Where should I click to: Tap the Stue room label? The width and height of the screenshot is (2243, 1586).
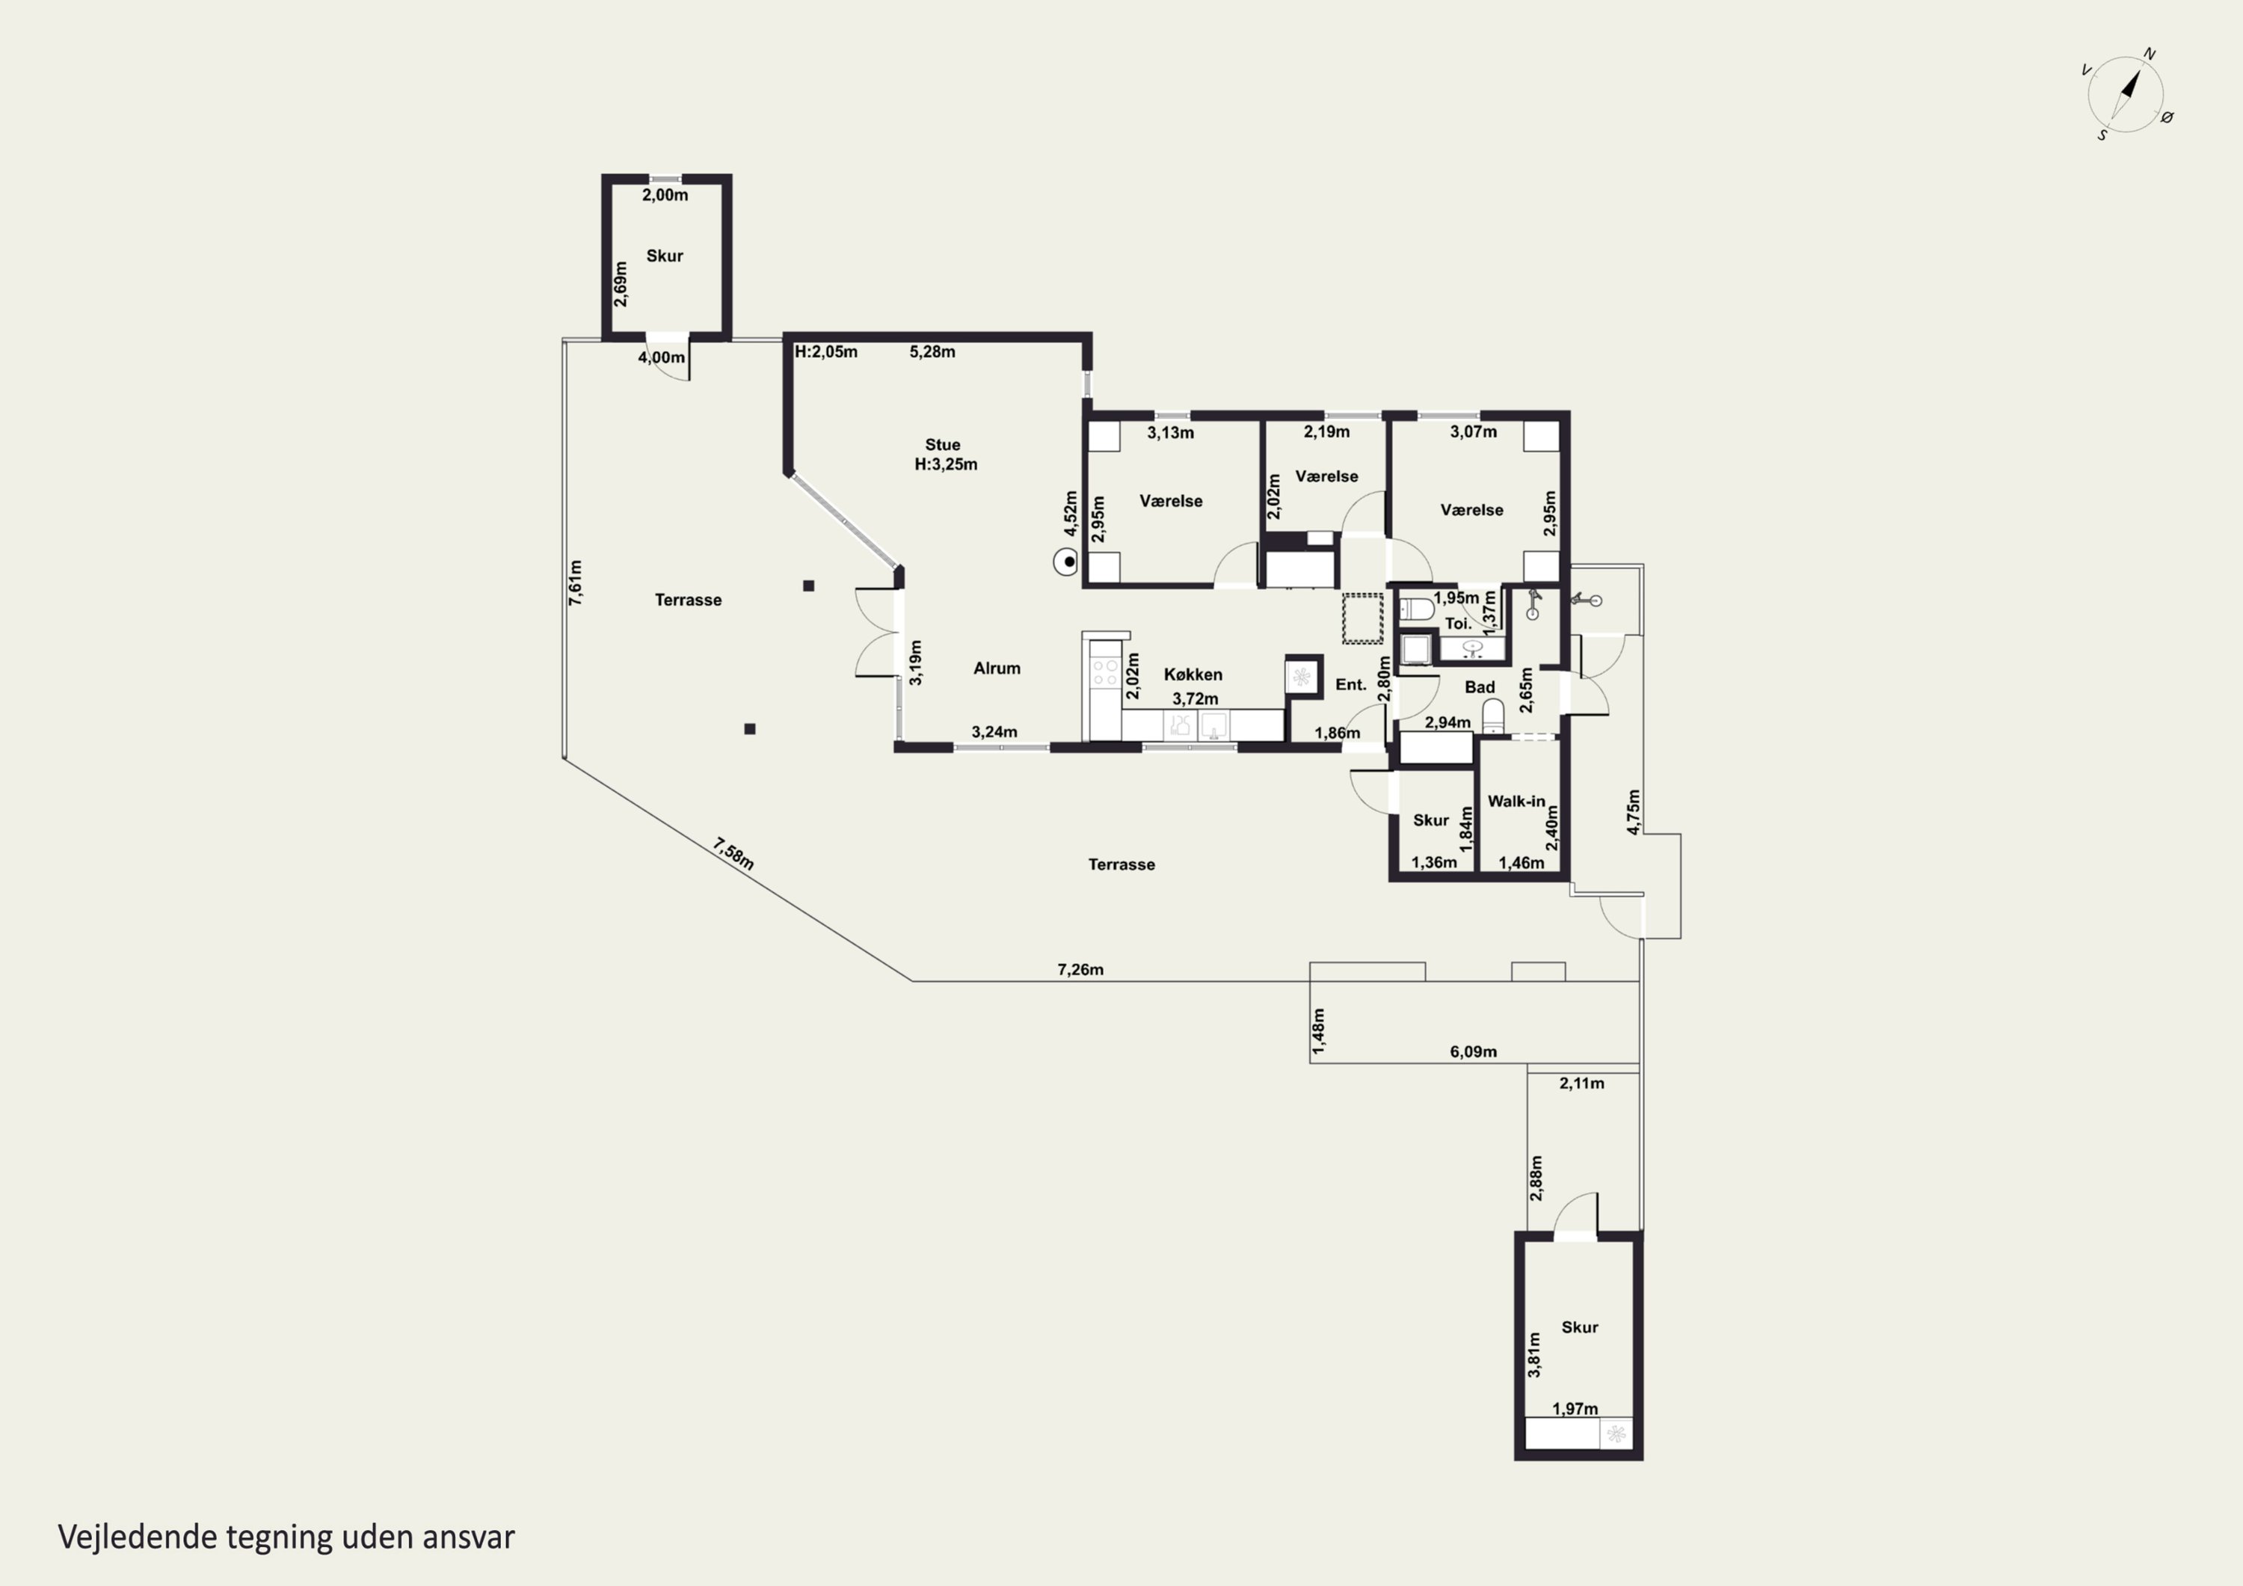tap(943, 445)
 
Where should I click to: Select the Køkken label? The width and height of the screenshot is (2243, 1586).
tap(1193, 674)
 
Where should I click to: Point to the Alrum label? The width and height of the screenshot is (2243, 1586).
tap(997, 668)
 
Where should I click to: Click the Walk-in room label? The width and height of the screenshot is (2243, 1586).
tap(1516, 802)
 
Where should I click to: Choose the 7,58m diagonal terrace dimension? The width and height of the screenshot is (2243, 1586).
tap(733, 853)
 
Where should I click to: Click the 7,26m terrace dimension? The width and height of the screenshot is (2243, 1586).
tap(1080, 969)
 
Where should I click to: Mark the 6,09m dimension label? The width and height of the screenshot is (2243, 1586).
tap(1473, 1051)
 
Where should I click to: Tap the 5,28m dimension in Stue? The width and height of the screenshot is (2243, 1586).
tap(932, 351)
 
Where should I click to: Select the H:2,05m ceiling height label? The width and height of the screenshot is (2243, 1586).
tap(825, 351)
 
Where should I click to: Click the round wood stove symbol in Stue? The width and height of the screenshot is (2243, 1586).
tap(1066, 562)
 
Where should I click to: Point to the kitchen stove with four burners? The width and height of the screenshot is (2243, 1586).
tap(1105, 672)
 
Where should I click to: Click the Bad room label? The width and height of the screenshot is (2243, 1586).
tap(1480, 687)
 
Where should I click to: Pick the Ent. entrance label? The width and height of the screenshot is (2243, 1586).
tap(1351, 685)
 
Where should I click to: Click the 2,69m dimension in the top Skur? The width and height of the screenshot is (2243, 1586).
tap(621, 284)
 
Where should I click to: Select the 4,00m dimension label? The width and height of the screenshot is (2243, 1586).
tap(662, 357)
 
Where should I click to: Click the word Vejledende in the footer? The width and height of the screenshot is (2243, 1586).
tap(138, 1537)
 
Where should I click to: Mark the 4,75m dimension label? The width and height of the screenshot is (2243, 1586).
tap(1634, 811)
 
